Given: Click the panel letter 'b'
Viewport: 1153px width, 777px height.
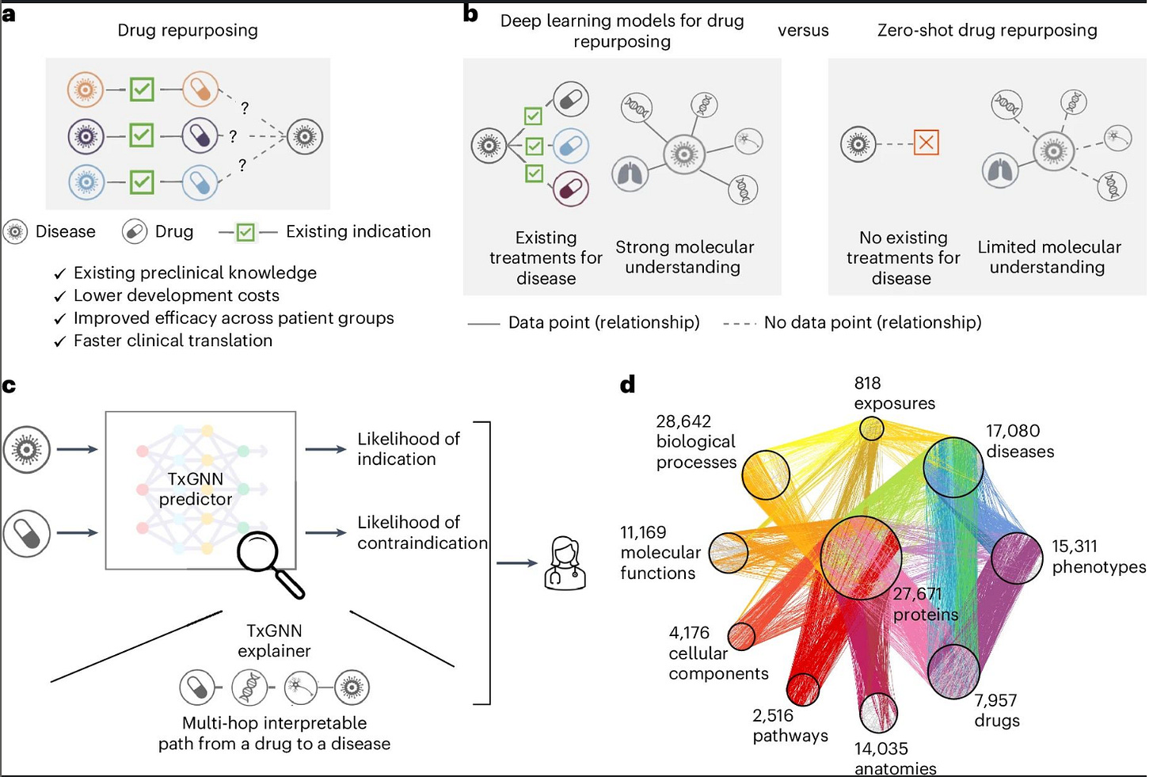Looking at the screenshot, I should pos(470,14).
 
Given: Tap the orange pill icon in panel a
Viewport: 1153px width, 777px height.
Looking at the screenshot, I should pos(200,90).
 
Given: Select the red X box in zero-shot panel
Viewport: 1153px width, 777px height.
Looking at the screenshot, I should pos(926,143).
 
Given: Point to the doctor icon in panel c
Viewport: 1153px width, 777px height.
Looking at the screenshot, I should pos(565,563).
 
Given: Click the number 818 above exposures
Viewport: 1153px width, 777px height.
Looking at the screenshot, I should pos(867,383).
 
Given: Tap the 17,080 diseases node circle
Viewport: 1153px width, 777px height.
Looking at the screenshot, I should pos(953,467).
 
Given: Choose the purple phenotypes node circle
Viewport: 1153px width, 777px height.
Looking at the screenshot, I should pos(1017,558).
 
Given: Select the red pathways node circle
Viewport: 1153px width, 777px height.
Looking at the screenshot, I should pos(803,689).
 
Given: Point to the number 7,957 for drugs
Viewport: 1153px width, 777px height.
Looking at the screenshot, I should pos(995,700).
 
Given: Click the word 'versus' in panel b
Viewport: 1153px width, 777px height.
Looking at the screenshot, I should pos(803,31).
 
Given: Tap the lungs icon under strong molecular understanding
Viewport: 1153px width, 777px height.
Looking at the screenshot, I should pos(630,173).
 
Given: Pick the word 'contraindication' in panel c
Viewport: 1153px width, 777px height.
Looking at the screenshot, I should pos(422,543).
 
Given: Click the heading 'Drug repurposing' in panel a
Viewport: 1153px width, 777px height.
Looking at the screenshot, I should pos(188,30).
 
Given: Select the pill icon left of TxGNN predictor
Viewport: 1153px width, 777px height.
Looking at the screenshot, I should pos(27,533).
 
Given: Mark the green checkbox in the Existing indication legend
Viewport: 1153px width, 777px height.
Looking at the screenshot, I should pos(245,232).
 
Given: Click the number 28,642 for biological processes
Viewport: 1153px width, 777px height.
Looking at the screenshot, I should pos(683,421).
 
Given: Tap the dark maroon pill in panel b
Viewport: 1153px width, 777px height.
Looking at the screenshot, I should pos(571,189).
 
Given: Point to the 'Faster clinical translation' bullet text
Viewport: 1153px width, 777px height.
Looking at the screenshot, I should pos(173,341).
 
